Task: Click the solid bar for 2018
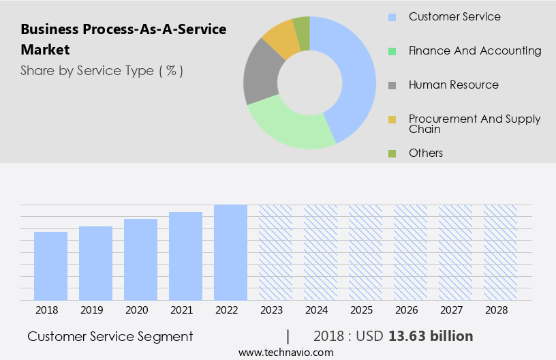[x=50, y=266]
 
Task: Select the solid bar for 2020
[x=140, y=259]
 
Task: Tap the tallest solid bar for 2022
[x=230, y=252]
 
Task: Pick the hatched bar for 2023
[x=275, y=252]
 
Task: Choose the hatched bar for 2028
[x=500, y=252]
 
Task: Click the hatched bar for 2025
[x=365, y=252]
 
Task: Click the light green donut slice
[x=290, y=126]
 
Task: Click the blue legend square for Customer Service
[x=392, y=17]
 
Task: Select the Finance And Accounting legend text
[x=475, y=50]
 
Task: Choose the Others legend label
[x=426, y=153]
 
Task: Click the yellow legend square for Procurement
[x=392, y=120]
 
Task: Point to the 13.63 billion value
[x=431, y=336]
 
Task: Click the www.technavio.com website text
[x=286, y=352]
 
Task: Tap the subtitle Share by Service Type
[x=102, y=71]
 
